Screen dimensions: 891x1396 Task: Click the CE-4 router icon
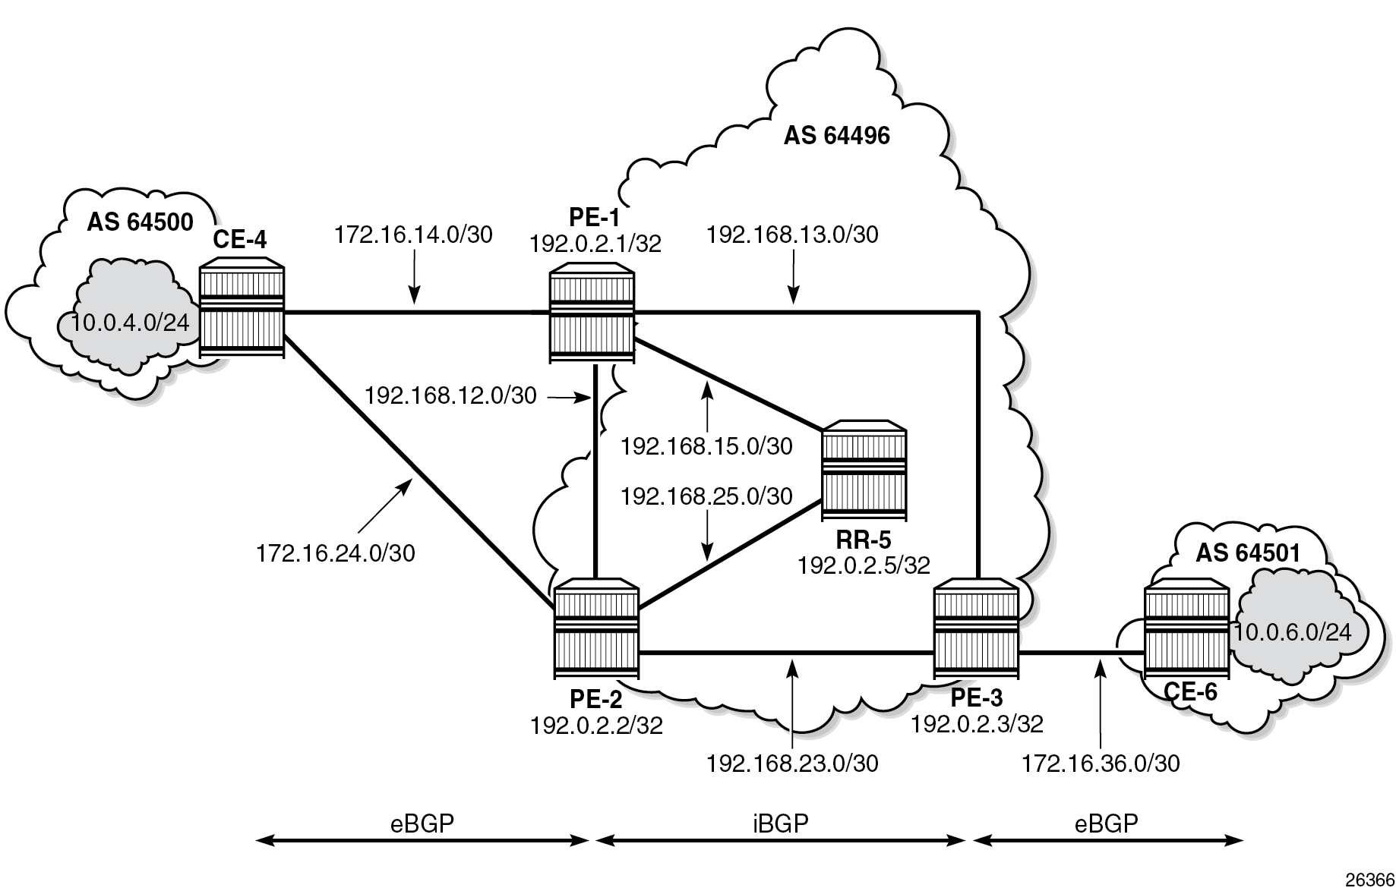click(242, 311)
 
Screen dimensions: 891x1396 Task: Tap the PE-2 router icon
click(596, 629)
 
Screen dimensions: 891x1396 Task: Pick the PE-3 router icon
click(976, 629)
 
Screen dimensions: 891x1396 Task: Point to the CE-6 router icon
click(1186, 629)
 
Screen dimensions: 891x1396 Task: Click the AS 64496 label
click(836, 136)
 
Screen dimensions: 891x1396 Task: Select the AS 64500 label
click(140, 222)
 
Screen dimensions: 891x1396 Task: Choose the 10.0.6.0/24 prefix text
click(1293, 631)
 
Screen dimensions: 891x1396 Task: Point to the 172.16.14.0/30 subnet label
click(413, 235)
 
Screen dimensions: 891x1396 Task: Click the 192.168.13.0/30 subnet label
click(792, 235)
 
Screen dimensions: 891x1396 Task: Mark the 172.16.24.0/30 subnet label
click(336, 553)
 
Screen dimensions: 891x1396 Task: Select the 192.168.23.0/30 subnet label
click(792, 763)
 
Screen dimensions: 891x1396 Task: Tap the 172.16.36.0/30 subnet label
click(1101, 763)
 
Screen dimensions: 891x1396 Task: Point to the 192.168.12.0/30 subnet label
click(450, 395)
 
